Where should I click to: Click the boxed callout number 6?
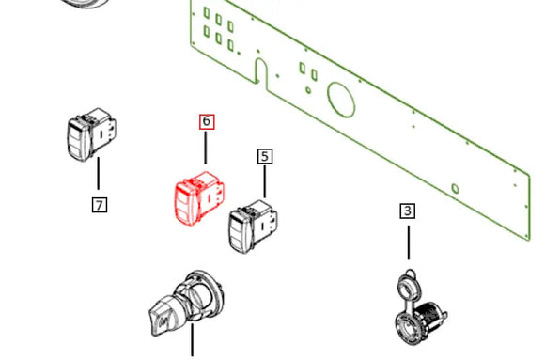pyautogui.click(x=207, y=121)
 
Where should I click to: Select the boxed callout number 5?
pyautogui.click(x=265, y=156)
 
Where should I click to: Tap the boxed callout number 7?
pyautogui.click(x=100, y=204)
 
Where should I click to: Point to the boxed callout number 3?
pyautogui.click(x=408, y=211)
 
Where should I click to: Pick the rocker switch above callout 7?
pyautogui.click(x=91, y=135)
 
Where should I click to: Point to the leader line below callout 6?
pyautogui.click(x=207, y=148)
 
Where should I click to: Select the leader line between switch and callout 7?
pyautogui.click(x=99, y=177)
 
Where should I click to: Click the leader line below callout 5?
pyautogui.click(x=265, y=181)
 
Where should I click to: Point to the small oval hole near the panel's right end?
pyautogui.click(x=456, y=189)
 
